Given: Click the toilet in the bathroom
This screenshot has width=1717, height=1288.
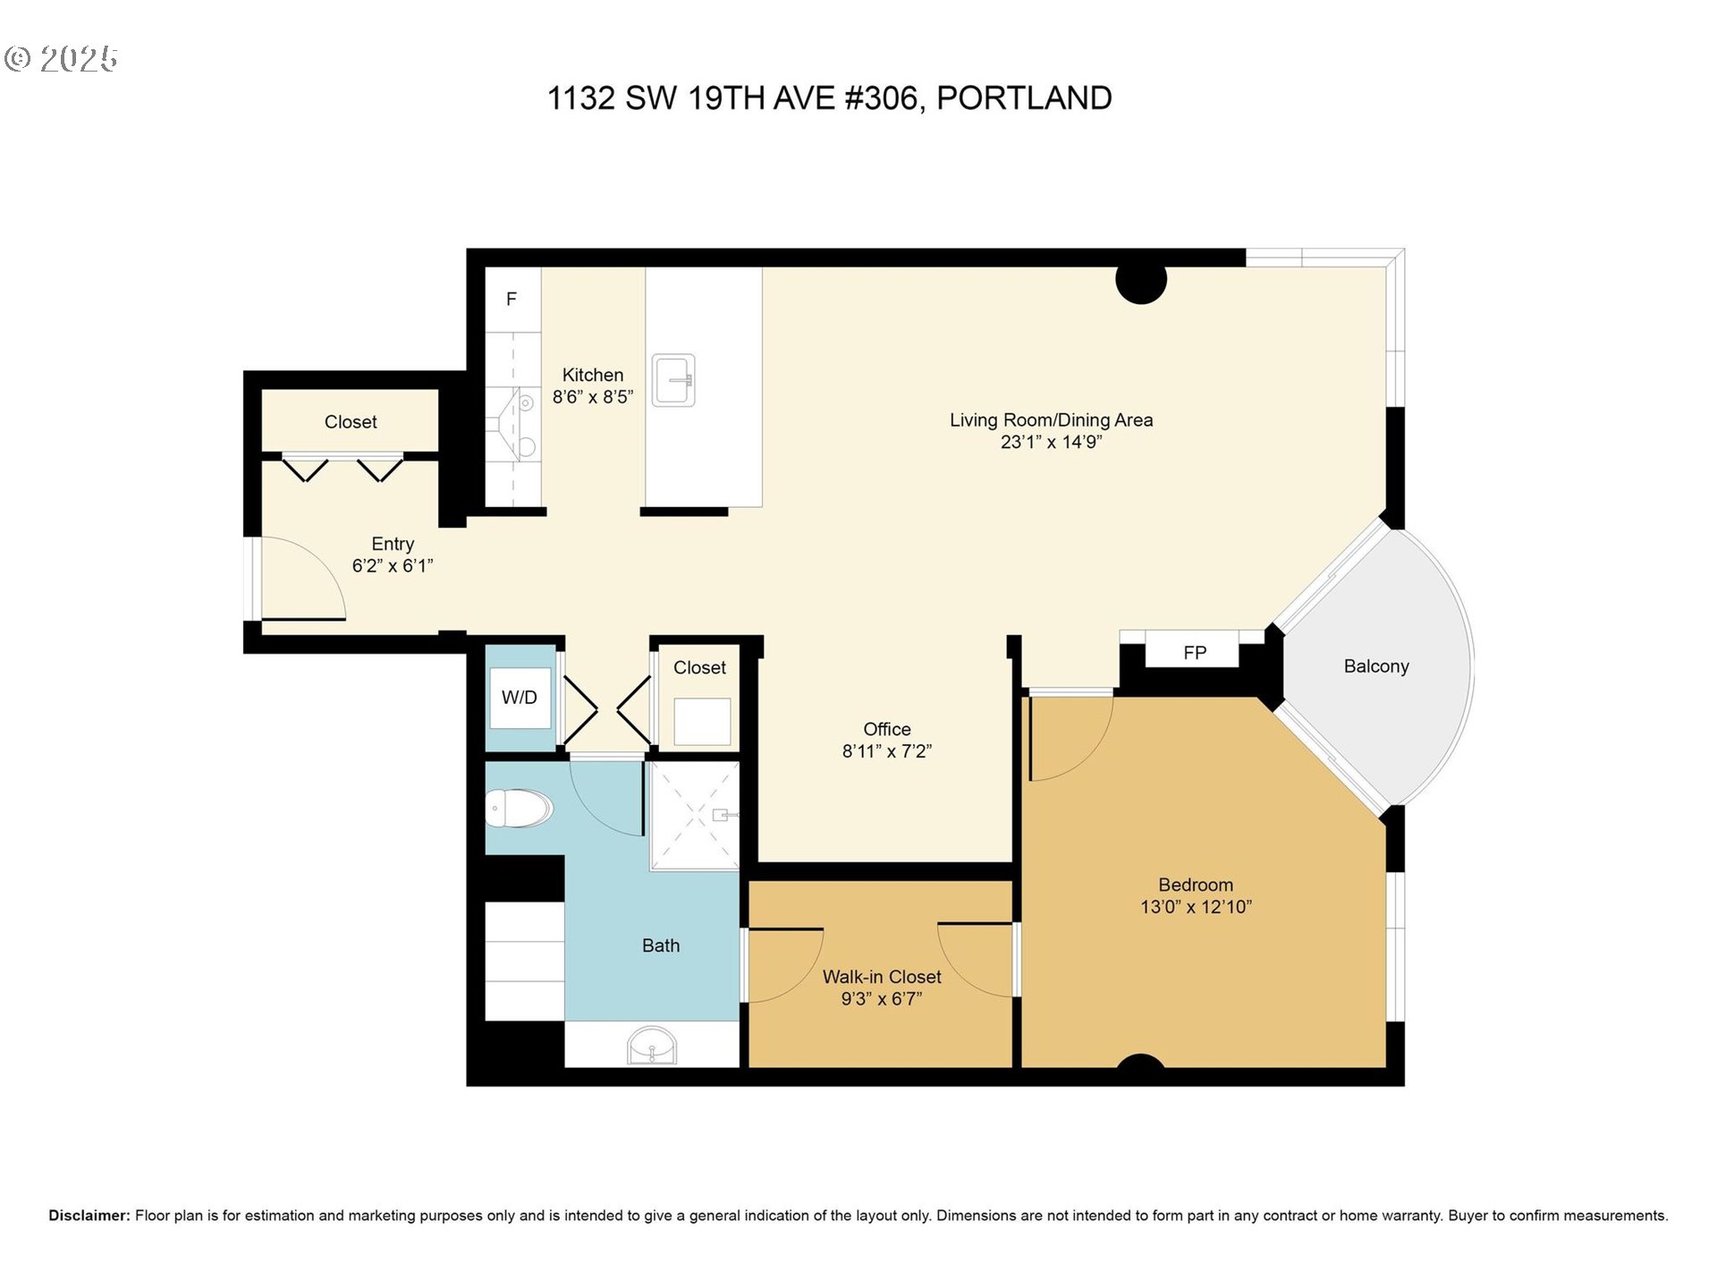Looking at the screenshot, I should pyautogui.click(x=520, y=809).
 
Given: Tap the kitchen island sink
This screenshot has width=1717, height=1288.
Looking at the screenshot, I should pyautogui.click(x=673, y=380).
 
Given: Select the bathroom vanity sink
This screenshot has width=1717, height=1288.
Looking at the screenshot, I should pyautogui.click(x=652, y=1045).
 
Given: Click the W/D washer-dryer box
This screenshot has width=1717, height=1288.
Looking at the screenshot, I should pyautogui.click(x=520, y=698).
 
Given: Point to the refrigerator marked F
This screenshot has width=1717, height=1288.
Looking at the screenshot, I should pyautogui.click(x=512, y=300).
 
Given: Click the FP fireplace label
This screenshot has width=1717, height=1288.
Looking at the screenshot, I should pyautogui.click(x=1195, y=653).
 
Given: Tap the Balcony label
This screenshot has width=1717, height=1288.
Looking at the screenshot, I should pyautogui.click(x=1375, y=666).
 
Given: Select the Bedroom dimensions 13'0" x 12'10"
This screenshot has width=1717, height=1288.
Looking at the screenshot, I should pyautogui.click(x=1196, y=907).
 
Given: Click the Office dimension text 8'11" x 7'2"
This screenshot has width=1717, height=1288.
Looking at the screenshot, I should pyautogui.click(x=886, y=751).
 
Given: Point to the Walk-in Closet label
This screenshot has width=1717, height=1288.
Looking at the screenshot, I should pyautogui.click(x=882, y=977).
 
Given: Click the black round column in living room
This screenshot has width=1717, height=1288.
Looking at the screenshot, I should pyautogui.click(x=1141, y=281).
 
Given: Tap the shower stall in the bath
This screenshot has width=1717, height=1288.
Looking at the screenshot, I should pyautogui.click(x=695, y=815).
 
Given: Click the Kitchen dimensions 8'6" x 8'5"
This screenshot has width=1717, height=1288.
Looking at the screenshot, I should pyautogui.click(x=592, y=397).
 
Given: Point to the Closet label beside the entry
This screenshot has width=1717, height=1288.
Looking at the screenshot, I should pyautogui.click(x=351, y=421).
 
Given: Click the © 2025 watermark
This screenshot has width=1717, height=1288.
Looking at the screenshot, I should pyautogui.click(x=61, y=59).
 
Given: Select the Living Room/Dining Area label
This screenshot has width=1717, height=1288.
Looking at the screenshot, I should pyautogui.click(x=1051, y=419).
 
